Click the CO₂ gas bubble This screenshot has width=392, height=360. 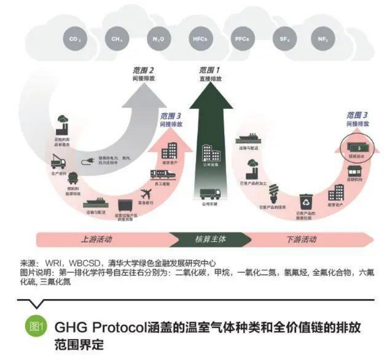[75, 39]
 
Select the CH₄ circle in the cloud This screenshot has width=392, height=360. [116, 39]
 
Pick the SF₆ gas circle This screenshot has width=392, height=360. [282, 39]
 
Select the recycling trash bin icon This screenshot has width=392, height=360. [306, 201]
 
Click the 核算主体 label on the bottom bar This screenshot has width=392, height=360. [210, 239]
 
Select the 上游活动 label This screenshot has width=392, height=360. [96, 239]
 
